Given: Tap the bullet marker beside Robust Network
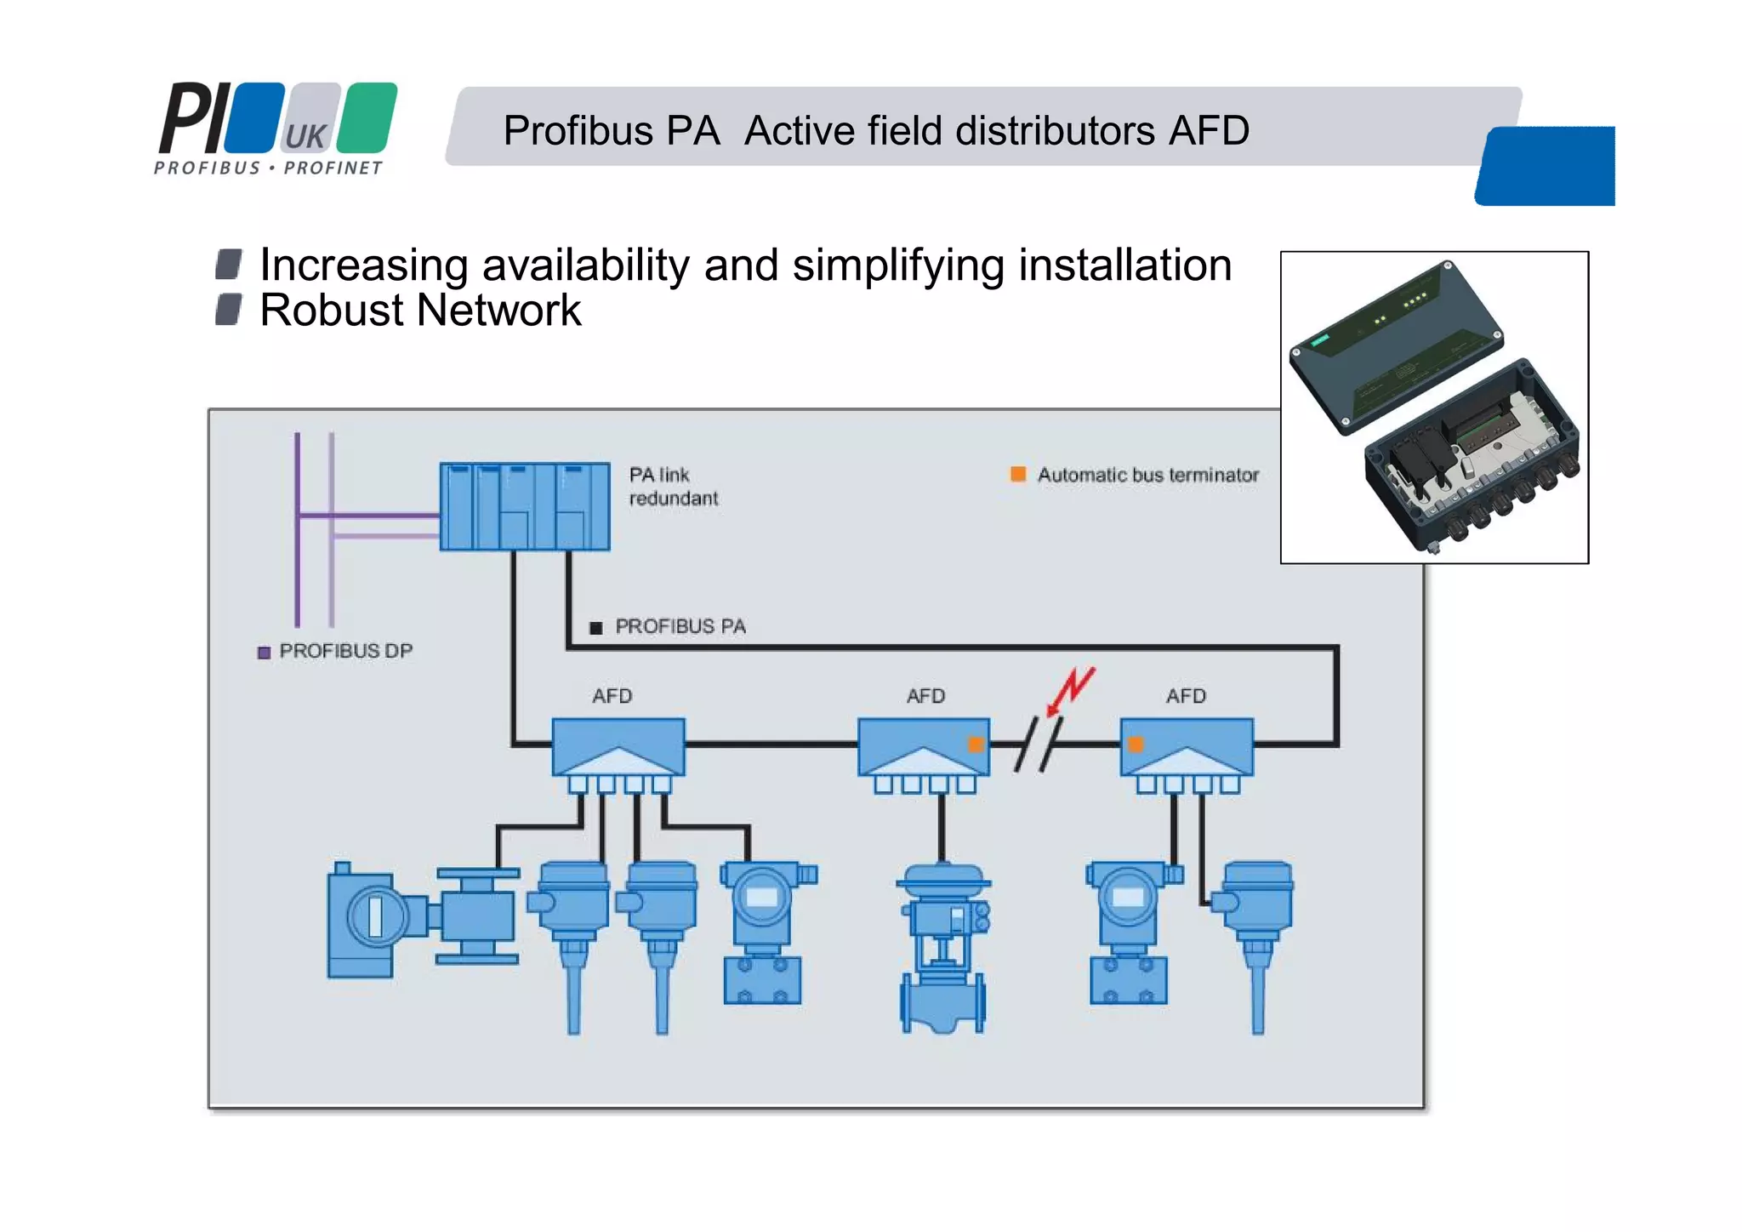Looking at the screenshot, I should tap(228, 310).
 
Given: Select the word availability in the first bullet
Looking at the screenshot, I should tap(586, 265).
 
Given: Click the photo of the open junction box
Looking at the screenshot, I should tap(1434, 407).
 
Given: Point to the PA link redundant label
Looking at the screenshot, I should tap(673, 487).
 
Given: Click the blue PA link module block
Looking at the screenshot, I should tap(524, 506).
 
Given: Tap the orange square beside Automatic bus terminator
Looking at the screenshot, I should tap(1017, 474).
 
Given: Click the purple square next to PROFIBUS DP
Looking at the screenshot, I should tap(264, 652).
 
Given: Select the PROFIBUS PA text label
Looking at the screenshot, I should tap(680, 626).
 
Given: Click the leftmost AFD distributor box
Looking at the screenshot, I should tap(618, 747).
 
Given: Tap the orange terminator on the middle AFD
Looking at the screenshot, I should tap(976, 744).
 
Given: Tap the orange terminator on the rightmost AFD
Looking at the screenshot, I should tap(1136, 744).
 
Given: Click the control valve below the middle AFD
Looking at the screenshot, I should tap(943, 944).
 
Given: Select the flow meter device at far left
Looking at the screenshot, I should tap(421, 919).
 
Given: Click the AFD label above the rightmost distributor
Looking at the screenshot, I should tap(1186, 696).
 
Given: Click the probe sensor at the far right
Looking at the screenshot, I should tap(1255, 936).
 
